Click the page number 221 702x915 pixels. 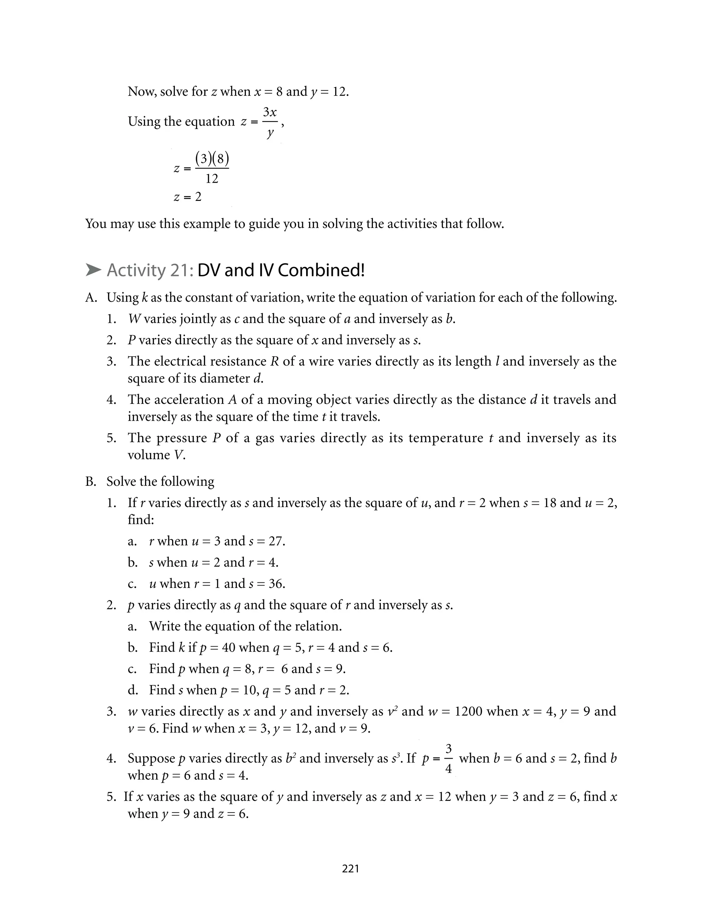(x=350, y=869)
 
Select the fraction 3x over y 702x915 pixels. (x=270, y=122)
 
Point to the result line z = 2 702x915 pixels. (x=187, y=197)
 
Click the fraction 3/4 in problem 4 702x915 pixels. (x=448, y=758)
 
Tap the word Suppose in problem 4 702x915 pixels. (x=151, y=758)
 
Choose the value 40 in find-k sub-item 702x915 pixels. (x=229, y=648)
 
